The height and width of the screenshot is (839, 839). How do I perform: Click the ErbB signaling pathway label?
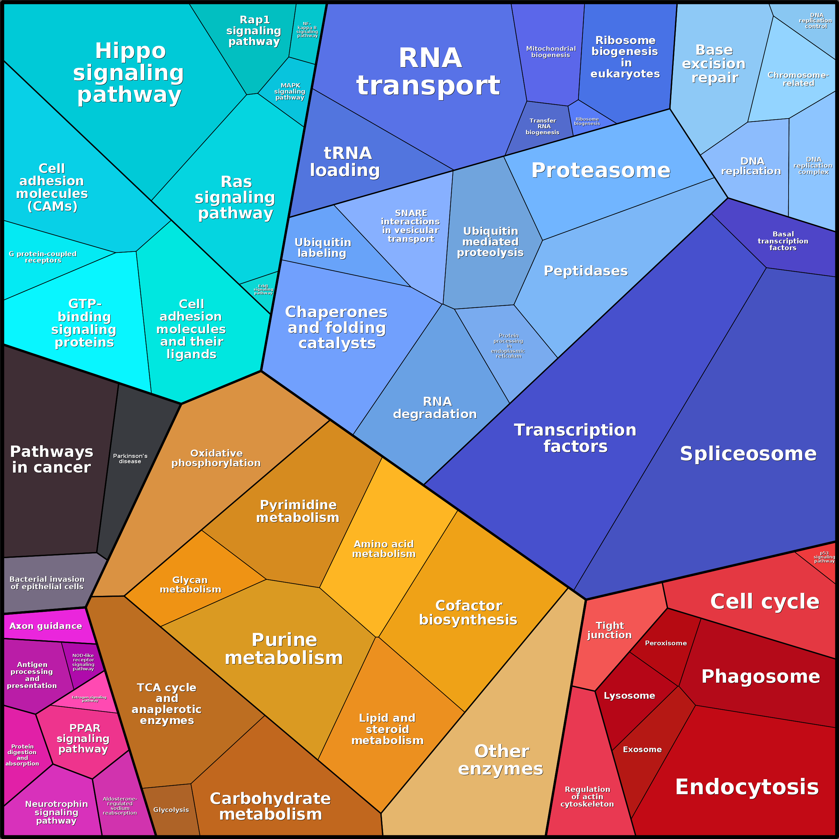coord(263,289)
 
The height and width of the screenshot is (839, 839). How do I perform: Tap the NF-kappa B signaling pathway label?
coord(307,29)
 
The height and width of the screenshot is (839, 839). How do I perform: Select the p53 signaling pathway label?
coord(824,557)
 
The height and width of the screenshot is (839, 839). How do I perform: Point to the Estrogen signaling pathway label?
coord(89,699)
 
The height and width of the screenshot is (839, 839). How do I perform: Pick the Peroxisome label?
coord(666,643)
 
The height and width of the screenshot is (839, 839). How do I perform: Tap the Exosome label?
coord(642,749)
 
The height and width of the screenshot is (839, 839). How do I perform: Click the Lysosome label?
coord(629,696)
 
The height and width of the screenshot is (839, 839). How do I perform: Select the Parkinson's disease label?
coord(130,459)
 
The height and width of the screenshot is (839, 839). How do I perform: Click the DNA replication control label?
coord(816,20)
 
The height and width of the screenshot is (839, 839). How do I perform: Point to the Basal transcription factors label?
coord(783,241)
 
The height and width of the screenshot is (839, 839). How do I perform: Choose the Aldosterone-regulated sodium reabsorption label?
coord(120,806)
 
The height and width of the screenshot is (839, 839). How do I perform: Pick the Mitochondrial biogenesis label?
coord(551,52)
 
